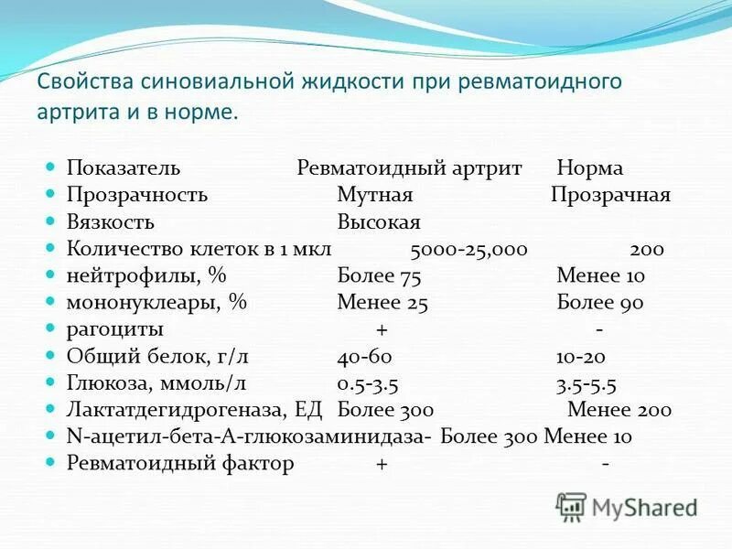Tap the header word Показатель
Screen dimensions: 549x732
click(124, 168)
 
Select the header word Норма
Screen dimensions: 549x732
click(589, 168)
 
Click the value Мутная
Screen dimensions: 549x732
click(375, 195)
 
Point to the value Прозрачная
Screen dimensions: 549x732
click(610, 195)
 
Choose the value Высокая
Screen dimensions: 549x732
click(378, 222)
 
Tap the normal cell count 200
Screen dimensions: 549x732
click(647, 249)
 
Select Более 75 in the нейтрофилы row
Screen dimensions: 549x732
click(379, 275)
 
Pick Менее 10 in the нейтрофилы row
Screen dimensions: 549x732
click(600, 275)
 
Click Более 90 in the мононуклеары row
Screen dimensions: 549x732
click(600, 303)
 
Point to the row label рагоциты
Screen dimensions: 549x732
click(115, 329)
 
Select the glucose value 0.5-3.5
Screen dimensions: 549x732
click(368, 383)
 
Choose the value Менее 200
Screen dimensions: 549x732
click(619, 410)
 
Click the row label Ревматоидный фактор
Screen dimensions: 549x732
click(180, 464)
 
